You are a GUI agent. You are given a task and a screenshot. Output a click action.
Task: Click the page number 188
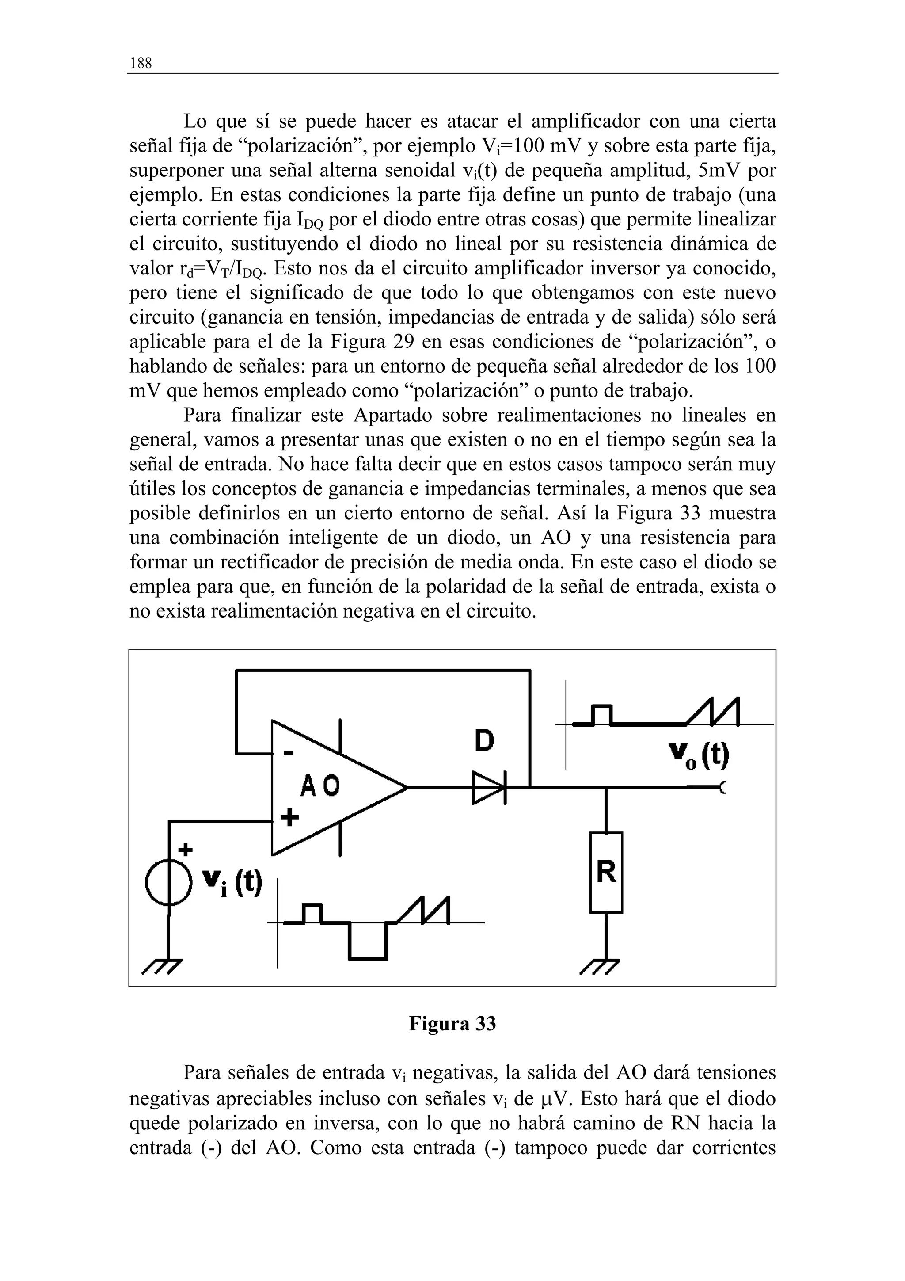pos(141,64)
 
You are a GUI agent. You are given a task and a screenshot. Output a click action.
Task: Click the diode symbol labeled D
pos(488,788)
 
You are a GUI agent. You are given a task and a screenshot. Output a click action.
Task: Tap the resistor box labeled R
pos(606,872)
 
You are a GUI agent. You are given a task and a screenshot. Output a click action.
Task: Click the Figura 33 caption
pos(452,1024)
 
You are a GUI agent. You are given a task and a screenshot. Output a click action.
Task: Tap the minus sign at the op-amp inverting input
pos(288,754)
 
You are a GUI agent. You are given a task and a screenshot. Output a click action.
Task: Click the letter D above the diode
pos(484,741)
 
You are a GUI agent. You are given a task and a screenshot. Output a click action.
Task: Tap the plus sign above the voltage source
pos(185,850)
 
